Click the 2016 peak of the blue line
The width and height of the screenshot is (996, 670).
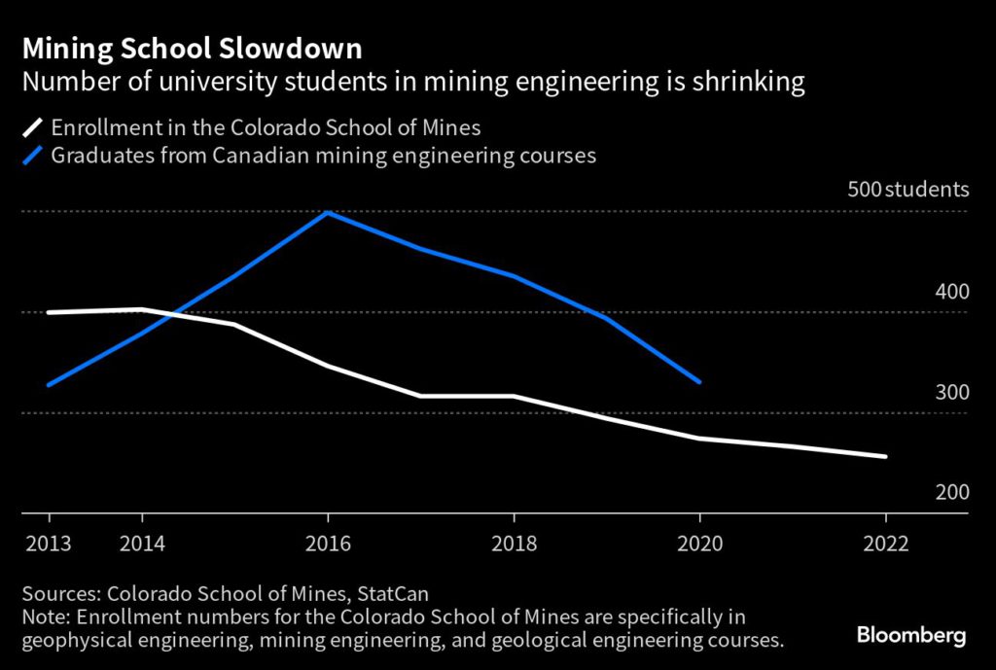[328, 212]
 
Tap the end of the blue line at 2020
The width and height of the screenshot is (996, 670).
[699, 382]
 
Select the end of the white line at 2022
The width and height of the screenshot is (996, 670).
[885, 456]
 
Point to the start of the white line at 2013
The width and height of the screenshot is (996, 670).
[49, 312]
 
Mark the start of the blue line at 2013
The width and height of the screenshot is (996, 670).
[49, 385]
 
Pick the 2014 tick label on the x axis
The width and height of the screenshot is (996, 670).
[142, 544]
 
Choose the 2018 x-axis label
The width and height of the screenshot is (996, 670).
[514, 544]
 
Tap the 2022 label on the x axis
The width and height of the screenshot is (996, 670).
[885, 544]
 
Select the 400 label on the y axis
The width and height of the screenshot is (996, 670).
[952, 292]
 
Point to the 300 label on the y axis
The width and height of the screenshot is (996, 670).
[952, 393]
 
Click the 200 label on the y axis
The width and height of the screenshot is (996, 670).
[952, 493]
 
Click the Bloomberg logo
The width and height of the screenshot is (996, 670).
[911, 636]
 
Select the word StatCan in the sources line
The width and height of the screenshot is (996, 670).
[394, 593]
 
